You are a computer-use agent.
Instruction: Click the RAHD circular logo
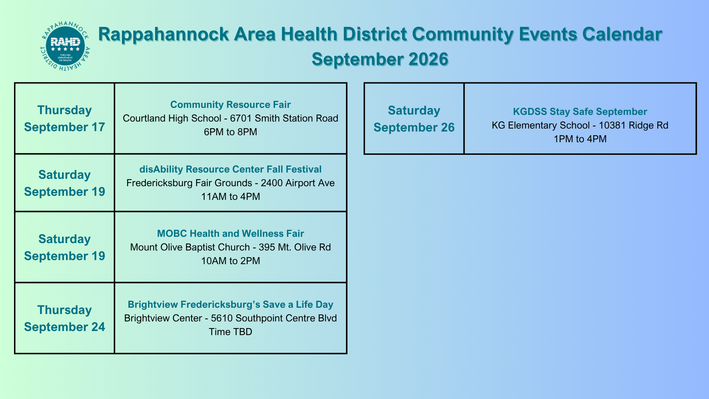(x=65, y=46)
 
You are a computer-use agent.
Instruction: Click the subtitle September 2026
(x=380, y=59)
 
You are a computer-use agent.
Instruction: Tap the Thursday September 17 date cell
(x=65, y=118)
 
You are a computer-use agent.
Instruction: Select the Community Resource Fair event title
(x=230, y=105)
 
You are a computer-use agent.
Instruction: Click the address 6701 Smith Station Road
(x=284, y=118)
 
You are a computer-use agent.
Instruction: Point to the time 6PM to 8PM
(x=230, y=132)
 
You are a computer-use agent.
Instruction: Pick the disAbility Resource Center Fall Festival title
(x=230, y=169)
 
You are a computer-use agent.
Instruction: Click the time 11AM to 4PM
(x=230, y=197)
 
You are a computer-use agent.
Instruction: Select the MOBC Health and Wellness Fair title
(x=230, y=233)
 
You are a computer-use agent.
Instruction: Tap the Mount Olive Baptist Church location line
(x=230, y=247)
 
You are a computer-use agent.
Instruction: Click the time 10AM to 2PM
(x=230, y=261)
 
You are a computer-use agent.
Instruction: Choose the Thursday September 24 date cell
(x=65, y=318)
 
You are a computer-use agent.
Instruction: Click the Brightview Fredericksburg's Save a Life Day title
(x=230, y=304)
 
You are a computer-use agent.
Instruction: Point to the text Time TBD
(x=230, y=332)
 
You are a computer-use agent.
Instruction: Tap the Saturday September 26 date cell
(x=414, y=119)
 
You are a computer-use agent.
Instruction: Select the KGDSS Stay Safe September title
(x=580, y=112)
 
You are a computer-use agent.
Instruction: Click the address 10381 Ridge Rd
(x=633, y=125)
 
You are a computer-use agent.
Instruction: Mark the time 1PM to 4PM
(x=580, y=139)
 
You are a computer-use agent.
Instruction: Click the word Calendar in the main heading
(x=622, y=34)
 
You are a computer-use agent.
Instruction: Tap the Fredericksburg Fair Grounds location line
(x=230, y=183)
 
